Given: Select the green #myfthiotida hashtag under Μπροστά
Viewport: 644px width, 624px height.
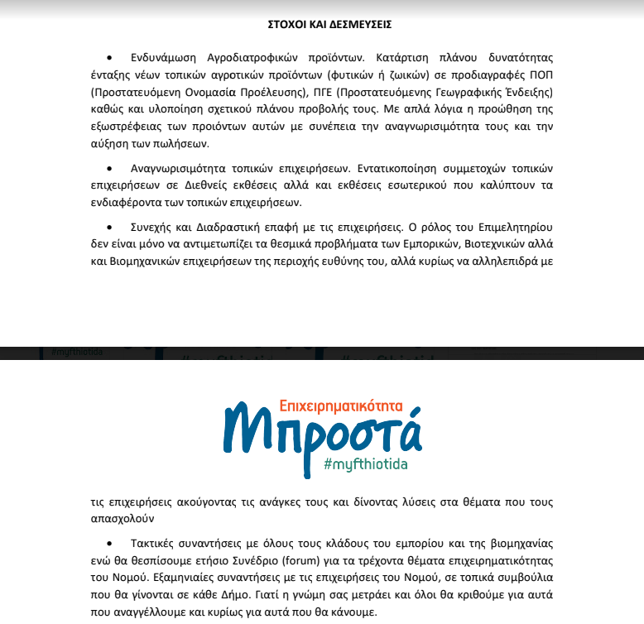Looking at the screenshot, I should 365,464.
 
